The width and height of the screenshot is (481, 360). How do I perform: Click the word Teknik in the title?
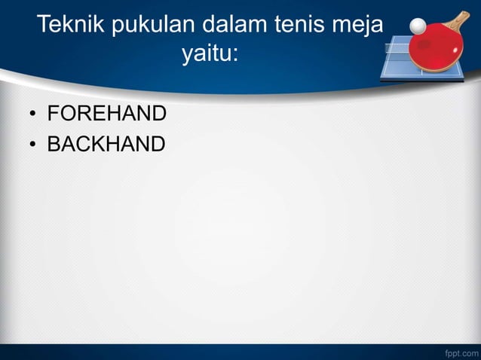coord(71,26)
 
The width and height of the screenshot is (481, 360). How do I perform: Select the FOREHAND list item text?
coord(106,114)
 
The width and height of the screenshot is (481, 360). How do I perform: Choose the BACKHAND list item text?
coord(106,143)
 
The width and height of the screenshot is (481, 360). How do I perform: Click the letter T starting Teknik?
coord(44,26)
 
